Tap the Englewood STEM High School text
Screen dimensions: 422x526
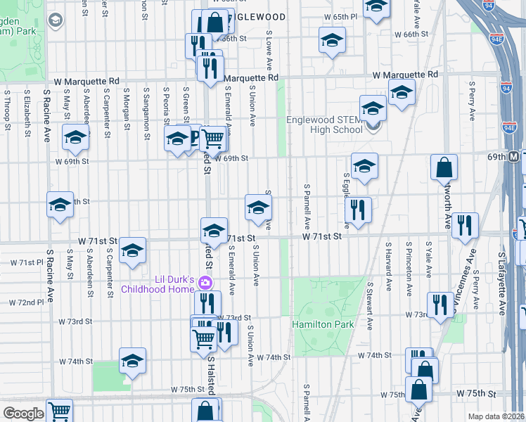coord(324,124)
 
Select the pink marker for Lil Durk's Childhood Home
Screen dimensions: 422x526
coord(205,283)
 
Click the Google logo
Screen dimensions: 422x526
coord(23,413)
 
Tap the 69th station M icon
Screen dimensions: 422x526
coord(514,155)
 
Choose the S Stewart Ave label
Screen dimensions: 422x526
coord(368,306)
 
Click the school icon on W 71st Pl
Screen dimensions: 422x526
coord(132,251)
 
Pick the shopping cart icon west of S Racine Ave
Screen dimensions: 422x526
coord(60,410)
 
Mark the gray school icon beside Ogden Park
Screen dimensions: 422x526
coord(55,20)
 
